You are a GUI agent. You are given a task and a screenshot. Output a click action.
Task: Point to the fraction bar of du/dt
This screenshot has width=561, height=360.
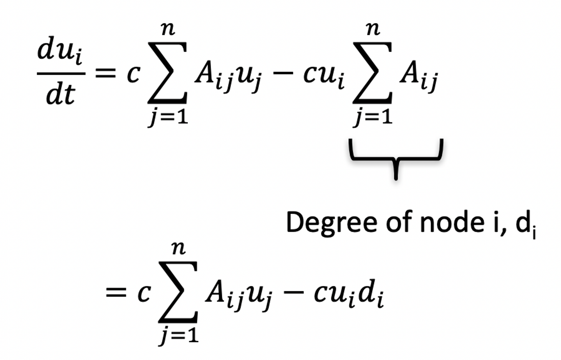pyautogui.click(x=61, y=74)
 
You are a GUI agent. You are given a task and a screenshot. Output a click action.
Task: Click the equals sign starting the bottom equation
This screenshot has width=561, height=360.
pyautogui.click(x=116, y=293)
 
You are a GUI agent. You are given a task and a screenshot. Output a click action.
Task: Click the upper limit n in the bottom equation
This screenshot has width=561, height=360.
pyautogui.click(x=179, y=248)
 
